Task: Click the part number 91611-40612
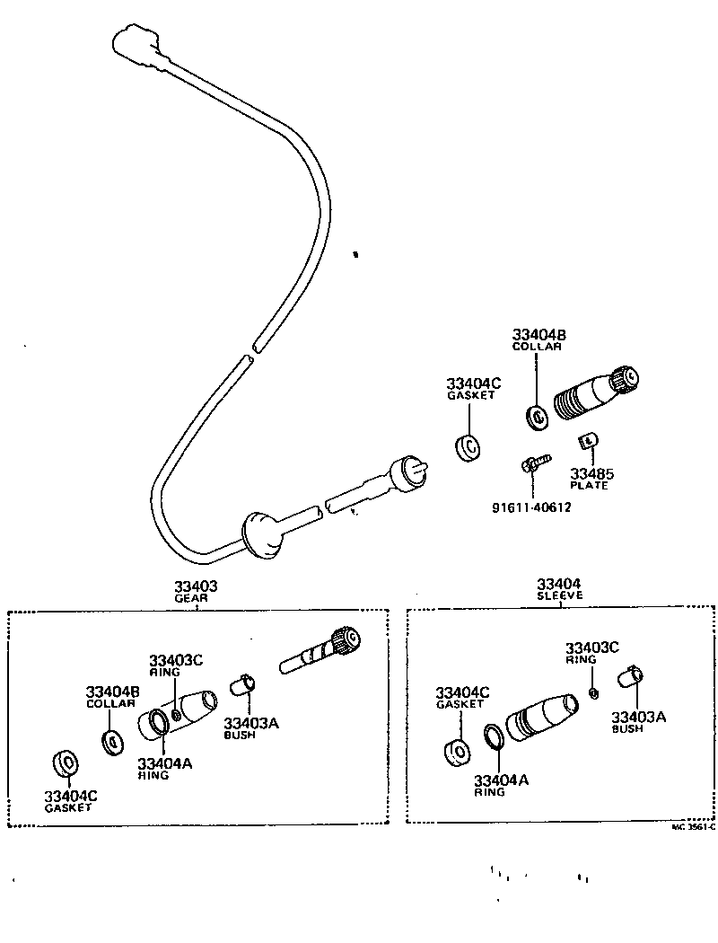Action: pos(531,507)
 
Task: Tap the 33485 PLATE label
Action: pos(589,479)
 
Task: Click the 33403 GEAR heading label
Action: pos(196,591)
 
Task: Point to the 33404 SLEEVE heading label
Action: pos(560,589)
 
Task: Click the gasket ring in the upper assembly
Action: pos(468,447)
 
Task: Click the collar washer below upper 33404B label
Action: pos(538,417)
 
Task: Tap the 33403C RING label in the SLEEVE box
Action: pos(591,652)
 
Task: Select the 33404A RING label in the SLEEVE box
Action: pos(501,785)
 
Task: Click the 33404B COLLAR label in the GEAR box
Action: pos(111,697)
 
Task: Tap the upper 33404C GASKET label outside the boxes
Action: pos(473,389)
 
